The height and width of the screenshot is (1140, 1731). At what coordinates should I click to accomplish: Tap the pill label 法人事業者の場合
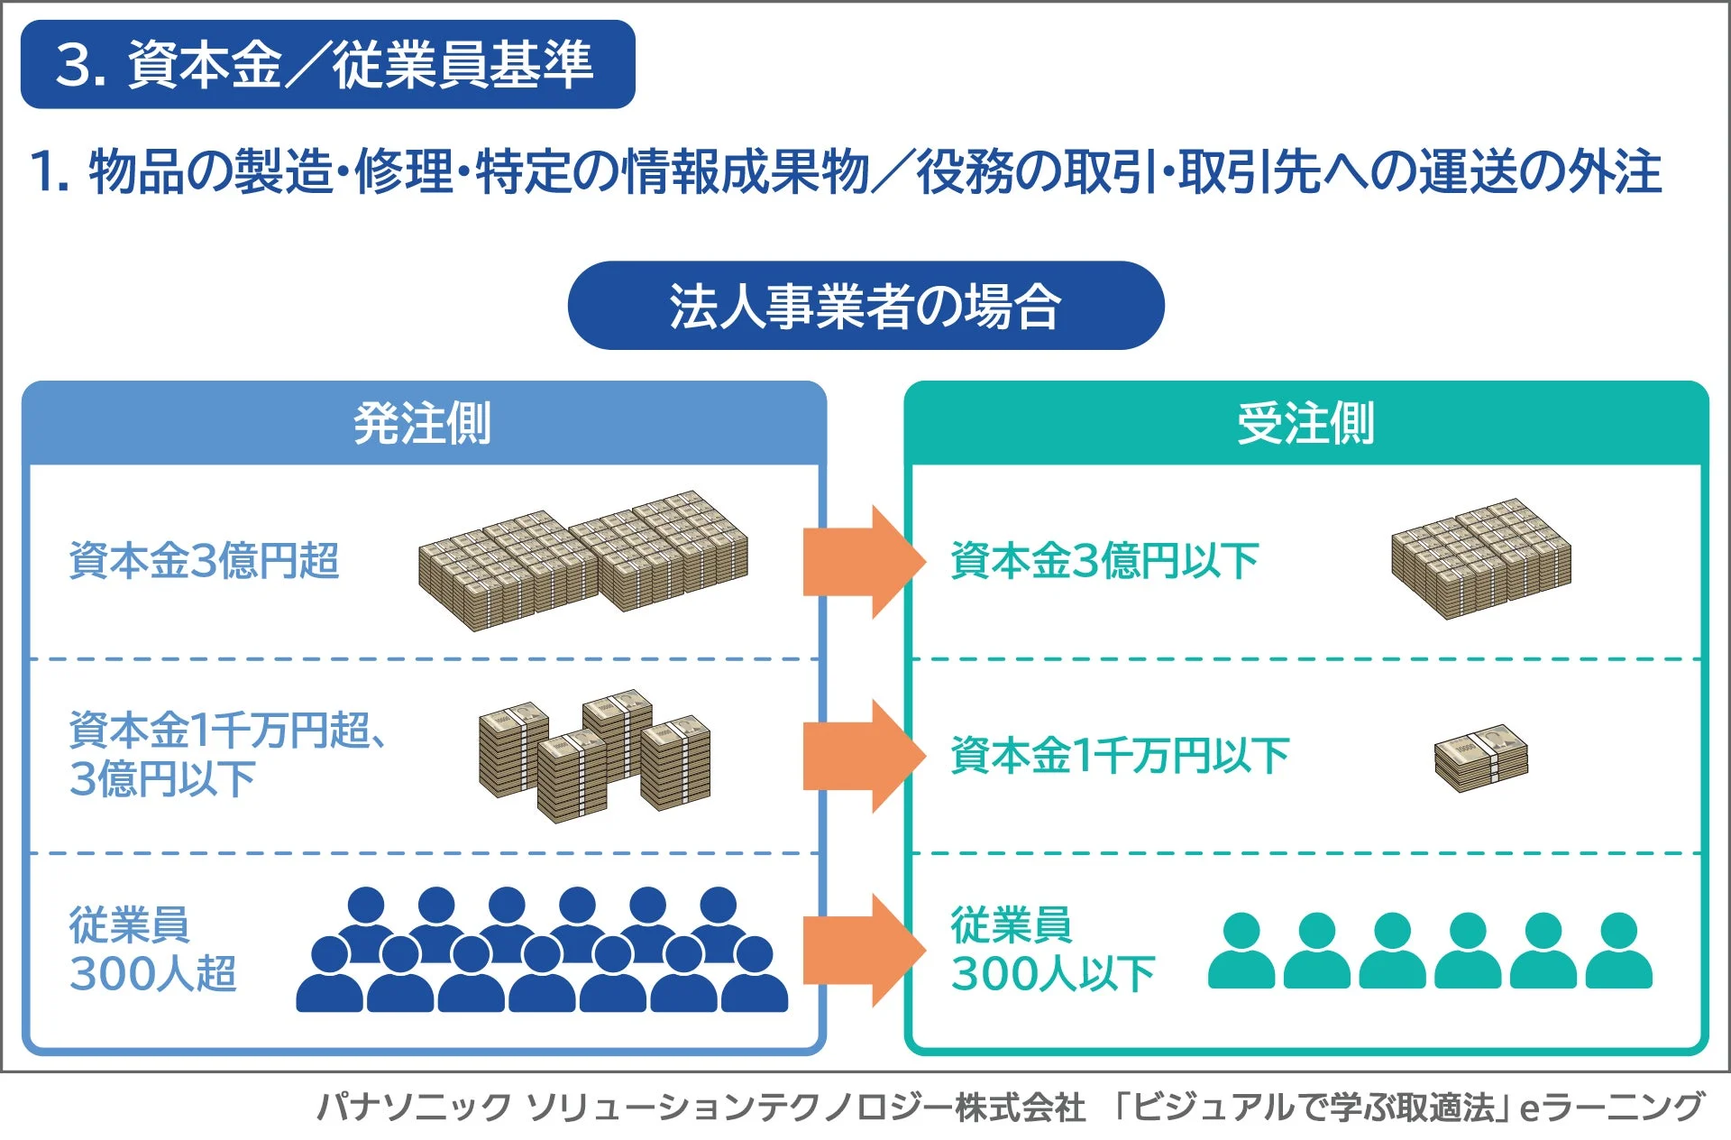(x=865, y=306)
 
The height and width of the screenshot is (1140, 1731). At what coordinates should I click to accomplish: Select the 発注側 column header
(x=423, y=423)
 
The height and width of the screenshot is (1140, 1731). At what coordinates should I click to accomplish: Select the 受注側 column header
(x=1305, y=423)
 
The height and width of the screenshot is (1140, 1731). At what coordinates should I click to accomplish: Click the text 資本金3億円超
(x=204, y=560)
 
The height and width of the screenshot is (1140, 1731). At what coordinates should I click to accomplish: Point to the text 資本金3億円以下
(x=1104, y=560)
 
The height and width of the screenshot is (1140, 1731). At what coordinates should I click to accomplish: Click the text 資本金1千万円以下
(x=1119, y=755)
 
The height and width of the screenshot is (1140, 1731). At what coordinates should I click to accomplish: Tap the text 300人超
(x=152, y=974)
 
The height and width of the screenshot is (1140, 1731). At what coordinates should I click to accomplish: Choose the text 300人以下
(x=1052, y=974)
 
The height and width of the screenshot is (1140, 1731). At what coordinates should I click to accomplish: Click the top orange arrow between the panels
(x=861, y=561)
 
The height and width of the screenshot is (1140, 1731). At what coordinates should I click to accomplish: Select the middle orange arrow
(x=861, y=756)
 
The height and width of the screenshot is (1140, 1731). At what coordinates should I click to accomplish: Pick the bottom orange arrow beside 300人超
(x=861, y=950)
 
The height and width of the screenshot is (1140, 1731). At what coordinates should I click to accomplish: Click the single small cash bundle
(x=1481, y=758)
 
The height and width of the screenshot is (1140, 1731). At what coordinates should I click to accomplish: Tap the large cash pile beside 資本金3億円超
(x=582, y=560)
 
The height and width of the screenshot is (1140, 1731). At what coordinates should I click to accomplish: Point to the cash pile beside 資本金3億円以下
(x=1480, y=558)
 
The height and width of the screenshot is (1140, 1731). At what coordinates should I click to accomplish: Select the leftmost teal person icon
(x=1241, y=952)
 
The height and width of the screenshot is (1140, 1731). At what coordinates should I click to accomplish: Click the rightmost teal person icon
(x=1618, y=952)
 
